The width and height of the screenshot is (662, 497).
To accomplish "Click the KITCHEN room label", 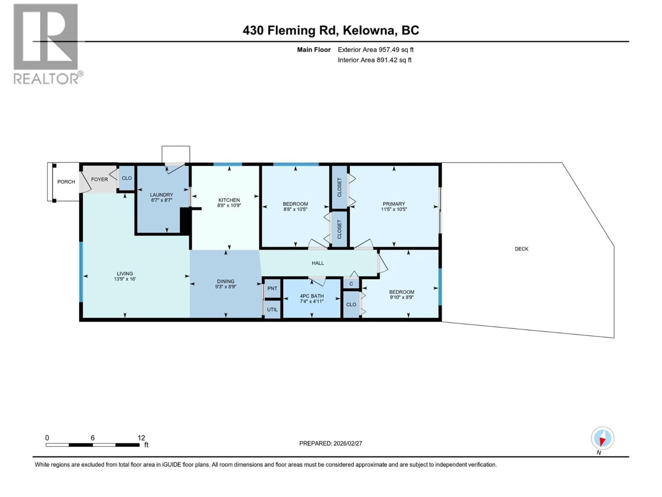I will coord(229,200).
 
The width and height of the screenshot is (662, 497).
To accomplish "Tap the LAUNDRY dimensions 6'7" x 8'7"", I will coord(161,200).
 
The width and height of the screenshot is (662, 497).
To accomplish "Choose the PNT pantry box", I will coord(272,288).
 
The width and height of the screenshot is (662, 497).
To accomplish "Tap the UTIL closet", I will coord(272,309).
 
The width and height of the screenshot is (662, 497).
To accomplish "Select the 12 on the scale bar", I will coord(141,438).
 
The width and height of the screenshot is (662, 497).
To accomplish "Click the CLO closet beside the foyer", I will coord(127,178).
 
